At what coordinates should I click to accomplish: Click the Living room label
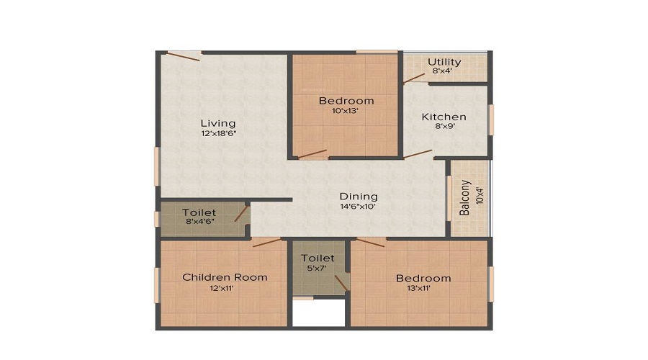(218, 123)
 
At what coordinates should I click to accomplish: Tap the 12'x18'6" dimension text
(219, 133)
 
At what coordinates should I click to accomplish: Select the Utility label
(444, 62)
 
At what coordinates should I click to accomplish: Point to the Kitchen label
(444, 117)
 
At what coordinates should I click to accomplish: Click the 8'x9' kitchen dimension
(445, 127)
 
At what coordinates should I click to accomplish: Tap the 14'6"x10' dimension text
(358, 206)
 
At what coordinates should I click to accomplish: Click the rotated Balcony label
(465, 197)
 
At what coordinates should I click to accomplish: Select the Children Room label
(225, 277)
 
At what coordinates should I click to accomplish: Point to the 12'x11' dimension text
(222, 288)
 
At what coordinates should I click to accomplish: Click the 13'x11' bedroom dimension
(418, 288)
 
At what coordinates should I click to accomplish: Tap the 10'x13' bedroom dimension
(345, 111)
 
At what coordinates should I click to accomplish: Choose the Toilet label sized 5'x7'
(318, 258)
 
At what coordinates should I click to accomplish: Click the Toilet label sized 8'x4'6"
(199, 212)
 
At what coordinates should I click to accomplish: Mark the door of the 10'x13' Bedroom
(312, 154)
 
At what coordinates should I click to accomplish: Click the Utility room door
(414, 78)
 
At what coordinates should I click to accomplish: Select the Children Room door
(267, 243)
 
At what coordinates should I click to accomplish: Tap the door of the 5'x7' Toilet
(341, 283)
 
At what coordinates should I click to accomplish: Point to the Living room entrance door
(184, 56)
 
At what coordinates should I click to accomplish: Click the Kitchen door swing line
(418, 154)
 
